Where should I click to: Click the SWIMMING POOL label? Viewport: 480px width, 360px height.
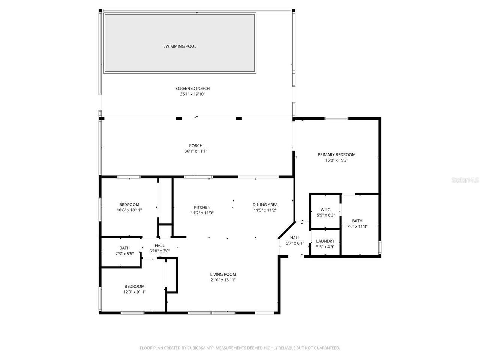pos(180,46)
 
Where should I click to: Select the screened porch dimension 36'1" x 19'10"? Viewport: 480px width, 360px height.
pos(192,94)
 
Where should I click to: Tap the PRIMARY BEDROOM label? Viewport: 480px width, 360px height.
pos(336,154)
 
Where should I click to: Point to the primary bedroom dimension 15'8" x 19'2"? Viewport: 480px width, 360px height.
pos(336,160)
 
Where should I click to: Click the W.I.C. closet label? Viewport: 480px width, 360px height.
pos(325,210)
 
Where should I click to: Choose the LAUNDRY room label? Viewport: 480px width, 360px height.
pos(325,241)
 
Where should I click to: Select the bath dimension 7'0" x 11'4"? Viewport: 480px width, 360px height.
pos(357,226)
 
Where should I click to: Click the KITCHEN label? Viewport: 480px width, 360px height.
pos(202,207)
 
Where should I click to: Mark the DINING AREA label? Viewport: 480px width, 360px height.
pos(265,205)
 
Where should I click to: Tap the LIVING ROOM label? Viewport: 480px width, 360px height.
pos(223,274)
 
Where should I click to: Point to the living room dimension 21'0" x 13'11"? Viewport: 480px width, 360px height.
pos(223,280)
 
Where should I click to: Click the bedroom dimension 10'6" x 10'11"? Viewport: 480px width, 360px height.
pos(129,210)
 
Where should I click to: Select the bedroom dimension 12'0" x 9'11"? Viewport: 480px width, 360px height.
pos(134,292)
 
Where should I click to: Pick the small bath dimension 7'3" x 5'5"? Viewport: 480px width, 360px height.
pos(124,253)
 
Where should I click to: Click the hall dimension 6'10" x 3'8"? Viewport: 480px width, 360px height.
pos(160,251)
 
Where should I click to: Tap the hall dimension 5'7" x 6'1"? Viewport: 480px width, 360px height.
pos(295,243)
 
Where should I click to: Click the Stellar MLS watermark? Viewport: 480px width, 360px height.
pos(465,180)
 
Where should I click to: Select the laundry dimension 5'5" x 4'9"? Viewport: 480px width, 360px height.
pos(325,247)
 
